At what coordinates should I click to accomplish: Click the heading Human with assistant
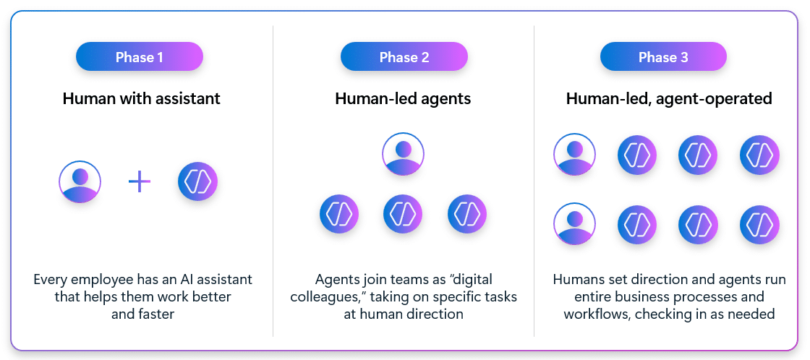click(x=142, y=98)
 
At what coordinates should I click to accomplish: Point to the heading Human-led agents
click(x=403, y=98)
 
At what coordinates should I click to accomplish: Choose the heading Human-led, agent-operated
click(x=669, y=98)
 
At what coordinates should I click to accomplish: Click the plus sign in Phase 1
click(x=140, y=182)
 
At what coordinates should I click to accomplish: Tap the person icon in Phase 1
click(x=80, y=182)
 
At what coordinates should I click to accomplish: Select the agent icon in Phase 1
click(x=197, y=181)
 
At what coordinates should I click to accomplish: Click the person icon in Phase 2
click(x=403, y=154)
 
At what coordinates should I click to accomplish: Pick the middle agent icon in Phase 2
click(x=403, y=214)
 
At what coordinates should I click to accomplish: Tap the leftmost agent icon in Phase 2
click(x=339, y=214)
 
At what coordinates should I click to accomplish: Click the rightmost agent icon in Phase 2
click(x=467, y=214)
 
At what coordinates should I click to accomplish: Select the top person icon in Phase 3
click(x=574, y=155)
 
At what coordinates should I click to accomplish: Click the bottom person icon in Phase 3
click(x=574, y=224)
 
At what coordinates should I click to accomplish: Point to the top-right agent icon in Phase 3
click(x=759, y=155)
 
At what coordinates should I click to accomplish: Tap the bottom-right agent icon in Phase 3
click(x=759, y=224)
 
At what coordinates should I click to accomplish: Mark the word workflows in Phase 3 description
click(x=592, y=314)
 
